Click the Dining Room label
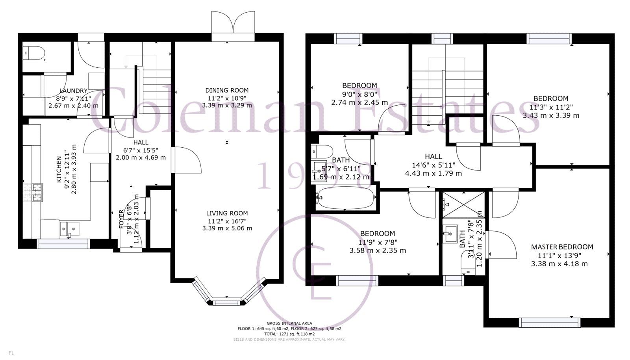tap(227, 90)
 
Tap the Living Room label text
tap(227, 213)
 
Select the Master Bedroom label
tap(562, 247)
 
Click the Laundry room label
tap(73, 91)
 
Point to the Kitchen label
tap(59, 169)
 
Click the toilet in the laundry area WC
tap(32, 52)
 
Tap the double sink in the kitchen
tap(69, 228)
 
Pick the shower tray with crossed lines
tap(463, 204)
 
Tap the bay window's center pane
tap(227, 302)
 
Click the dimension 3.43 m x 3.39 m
tap(551, 115)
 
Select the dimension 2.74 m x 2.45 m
tap(359, 102)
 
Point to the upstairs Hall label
tap(433, 156)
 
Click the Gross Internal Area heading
tap(289, 323)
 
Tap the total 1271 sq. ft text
tap(289, 334)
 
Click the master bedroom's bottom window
tap(550, 323)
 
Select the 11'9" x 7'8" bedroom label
tap(377, 233)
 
